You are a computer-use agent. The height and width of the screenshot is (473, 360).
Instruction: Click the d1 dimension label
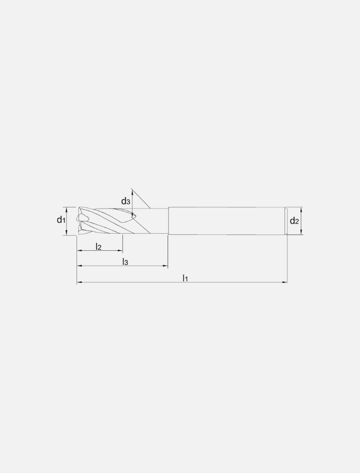61,220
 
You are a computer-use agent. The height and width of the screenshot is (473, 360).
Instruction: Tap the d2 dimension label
294,221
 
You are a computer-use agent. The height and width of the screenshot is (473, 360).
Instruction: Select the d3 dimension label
125,201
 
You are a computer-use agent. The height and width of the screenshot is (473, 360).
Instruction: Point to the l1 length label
185,278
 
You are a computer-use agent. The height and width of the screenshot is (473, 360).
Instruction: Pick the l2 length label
98,247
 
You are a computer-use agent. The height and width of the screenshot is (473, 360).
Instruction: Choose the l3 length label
125,262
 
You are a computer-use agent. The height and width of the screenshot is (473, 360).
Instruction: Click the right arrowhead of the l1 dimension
285,282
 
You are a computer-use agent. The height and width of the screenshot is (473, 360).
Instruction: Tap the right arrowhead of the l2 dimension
120,251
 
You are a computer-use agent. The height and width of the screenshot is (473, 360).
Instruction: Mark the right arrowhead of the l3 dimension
165,266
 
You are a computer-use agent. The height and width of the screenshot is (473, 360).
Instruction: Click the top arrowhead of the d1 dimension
66,209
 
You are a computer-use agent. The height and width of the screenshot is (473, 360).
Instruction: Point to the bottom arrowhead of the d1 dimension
66,233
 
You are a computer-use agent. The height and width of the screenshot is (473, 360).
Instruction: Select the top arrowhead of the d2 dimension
301,210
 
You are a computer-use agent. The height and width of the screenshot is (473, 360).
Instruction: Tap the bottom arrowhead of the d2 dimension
301,232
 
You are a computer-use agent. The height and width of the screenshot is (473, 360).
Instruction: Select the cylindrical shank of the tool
227,221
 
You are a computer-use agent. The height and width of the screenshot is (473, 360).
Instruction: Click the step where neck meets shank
168,221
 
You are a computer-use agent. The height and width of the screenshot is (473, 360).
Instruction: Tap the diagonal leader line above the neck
141,198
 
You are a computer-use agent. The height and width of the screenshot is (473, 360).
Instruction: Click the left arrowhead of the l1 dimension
79,282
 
